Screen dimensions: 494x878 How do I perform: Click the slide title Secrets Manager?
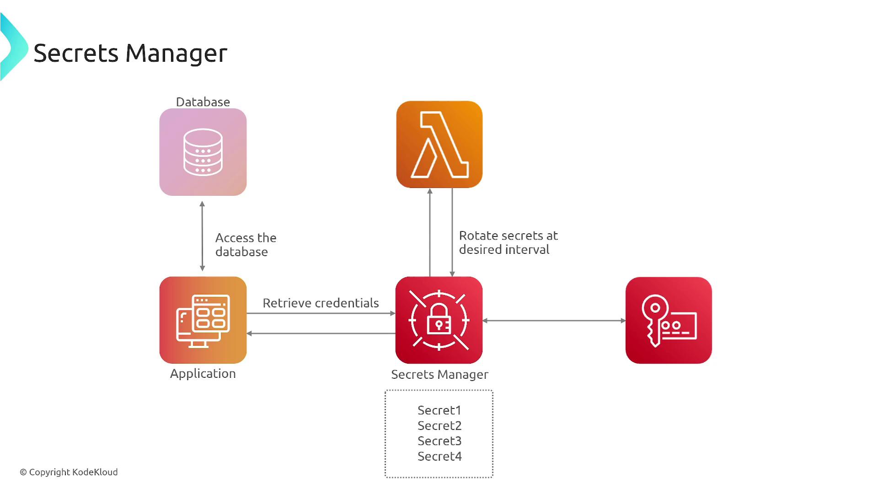[130, 53]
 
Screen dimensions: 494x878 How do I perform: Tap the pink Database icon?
[203, 152]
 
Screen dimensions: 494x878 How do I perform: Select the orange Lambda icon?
[439, 145]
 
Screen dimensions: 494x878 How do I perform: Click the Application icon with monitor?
[203, 320]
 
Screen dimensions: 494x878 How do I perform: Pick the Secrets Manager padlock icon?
[439, 320]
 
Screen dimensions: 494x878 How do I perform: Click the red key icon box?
[669, 320]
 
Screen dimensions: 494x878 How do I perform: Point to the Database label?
[203, 102]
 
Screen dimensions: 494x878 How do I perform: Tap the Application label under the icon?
[203, 374]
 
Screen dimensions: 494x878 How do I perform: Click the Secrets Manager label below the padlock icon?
[439, 375]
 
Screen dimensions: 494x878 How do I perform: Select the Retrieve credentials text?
[321, 303]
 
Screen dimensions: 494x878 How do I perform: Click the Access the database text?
[246, 245]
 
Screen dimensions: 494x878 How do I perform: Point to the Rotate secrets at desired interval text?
[508, 242]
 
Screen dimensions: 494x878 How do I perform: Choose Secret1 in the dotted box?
[439, 410]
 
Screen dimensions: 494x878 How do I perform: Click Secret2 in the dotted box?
[439, 426]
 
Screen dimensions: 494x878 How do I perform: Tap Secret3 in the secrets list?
[439, 441]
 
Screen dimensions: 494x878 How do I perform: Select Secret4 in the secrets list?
[439, 456]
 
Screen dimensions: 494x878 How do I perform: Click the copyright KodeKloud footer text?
[69, 472]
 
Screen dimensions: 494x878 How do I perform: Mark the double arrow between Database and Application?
[203, 236]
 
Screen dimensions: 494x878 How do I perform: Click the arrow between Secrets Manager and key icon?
[554, 321]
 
